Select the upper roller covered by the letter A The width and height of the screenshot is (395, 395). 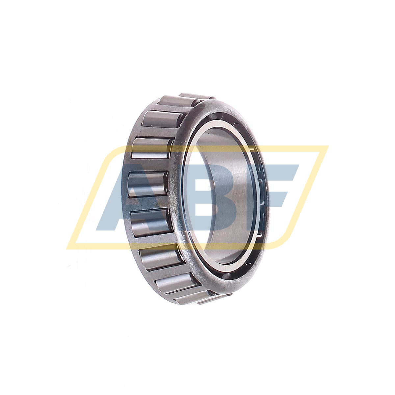click(147, 184)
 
